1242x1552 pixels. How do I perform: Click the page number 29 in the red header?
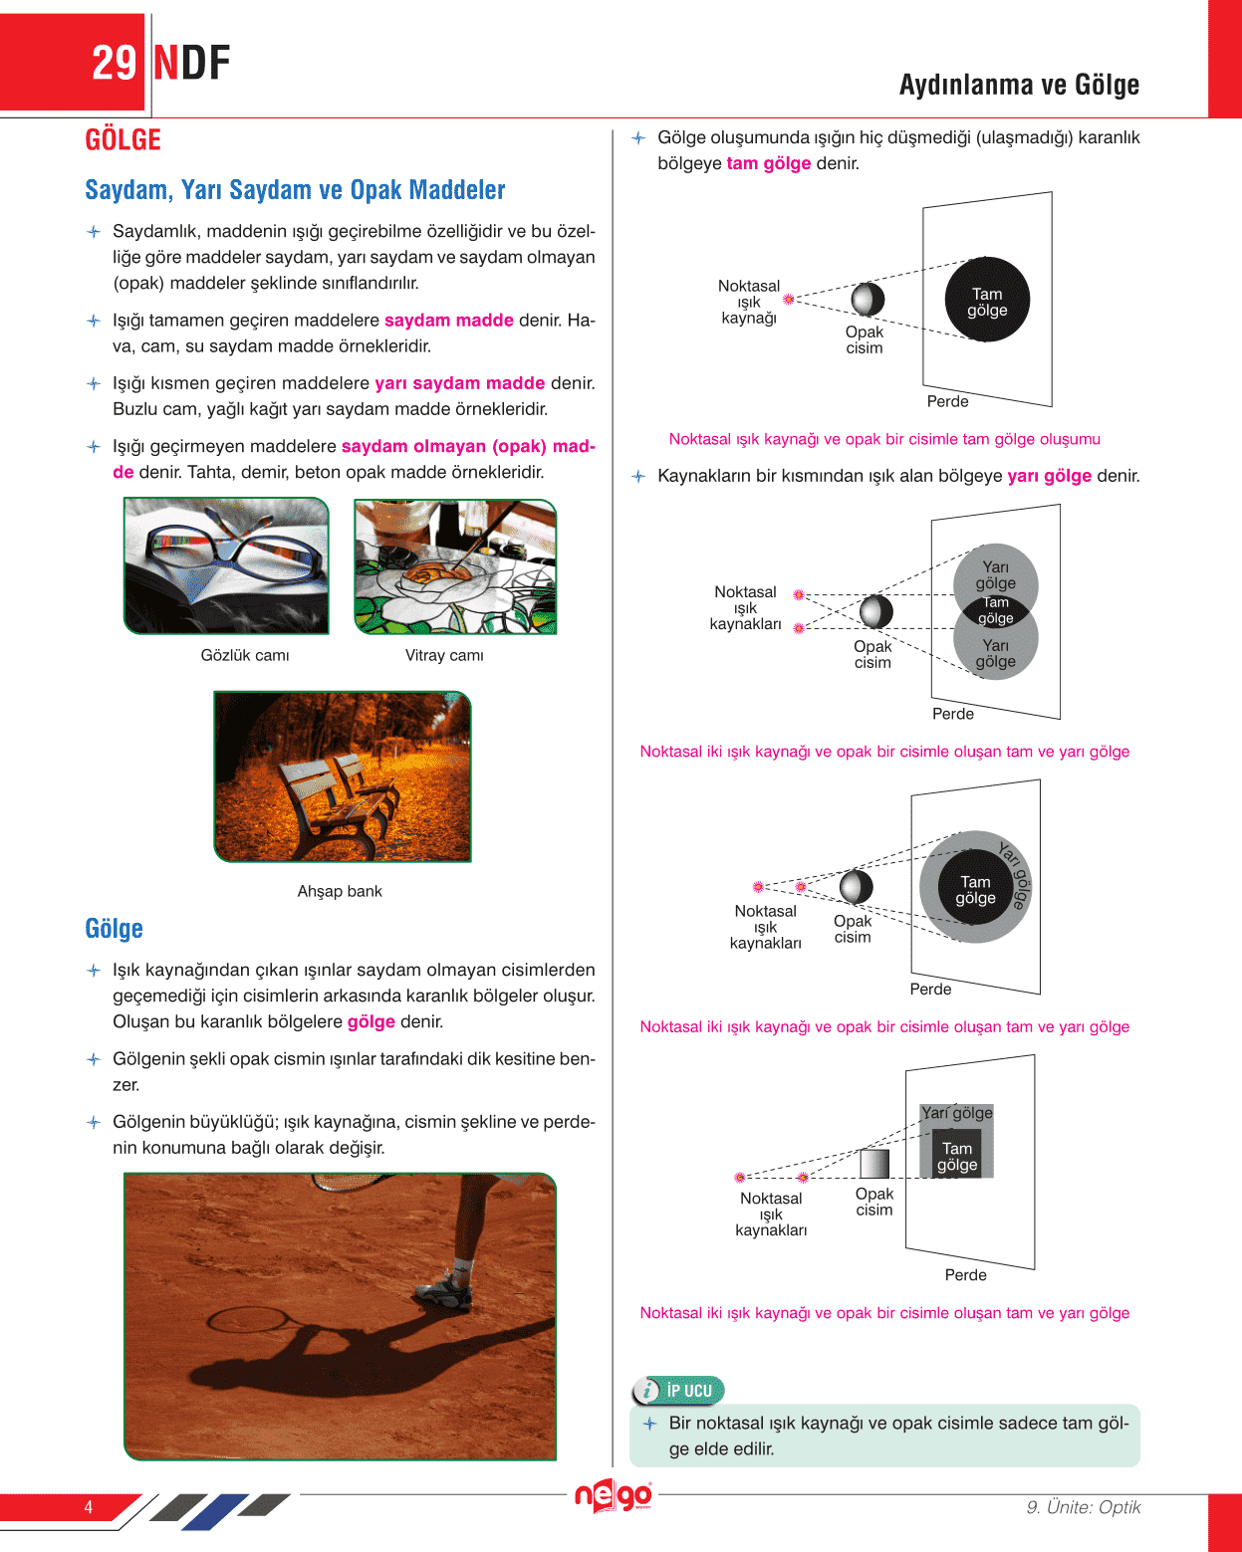(114, 63)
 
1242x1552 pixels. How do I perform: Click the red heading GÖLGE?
(123, 140)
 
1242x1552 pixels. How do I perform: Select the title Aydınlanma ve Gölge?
(1019, 85)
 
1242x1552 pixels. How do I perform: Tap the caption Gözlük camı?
(245, 655)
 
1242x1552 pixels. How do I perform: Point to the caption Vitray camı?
(444, 655)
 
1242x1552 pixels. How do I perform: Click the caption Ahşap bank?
(340, 891)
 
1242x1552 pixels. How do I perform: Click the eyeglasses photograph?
(226, 565)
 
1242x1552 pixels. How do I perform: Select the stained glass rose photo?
(455, 566)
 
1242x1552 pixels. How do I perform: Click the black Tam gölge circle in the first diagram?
(986, 300)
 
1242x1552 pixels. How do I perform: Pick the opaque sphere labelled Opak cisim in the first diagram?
(868, 299)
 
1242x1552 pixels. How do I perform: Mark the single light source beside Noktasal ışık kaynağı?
(789, 299)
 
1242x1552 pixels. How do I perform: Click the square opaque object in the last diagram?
(873, 1164)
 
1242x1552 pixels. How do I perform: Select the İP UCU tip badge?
(679, 1391)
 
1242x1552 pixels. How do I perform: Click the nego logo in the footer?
(613, 1496)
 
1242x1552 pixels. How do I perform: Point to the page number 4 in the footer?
(89, 1507)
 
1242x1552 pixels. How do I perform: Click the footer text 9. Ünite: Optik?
(1083, 1507)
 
